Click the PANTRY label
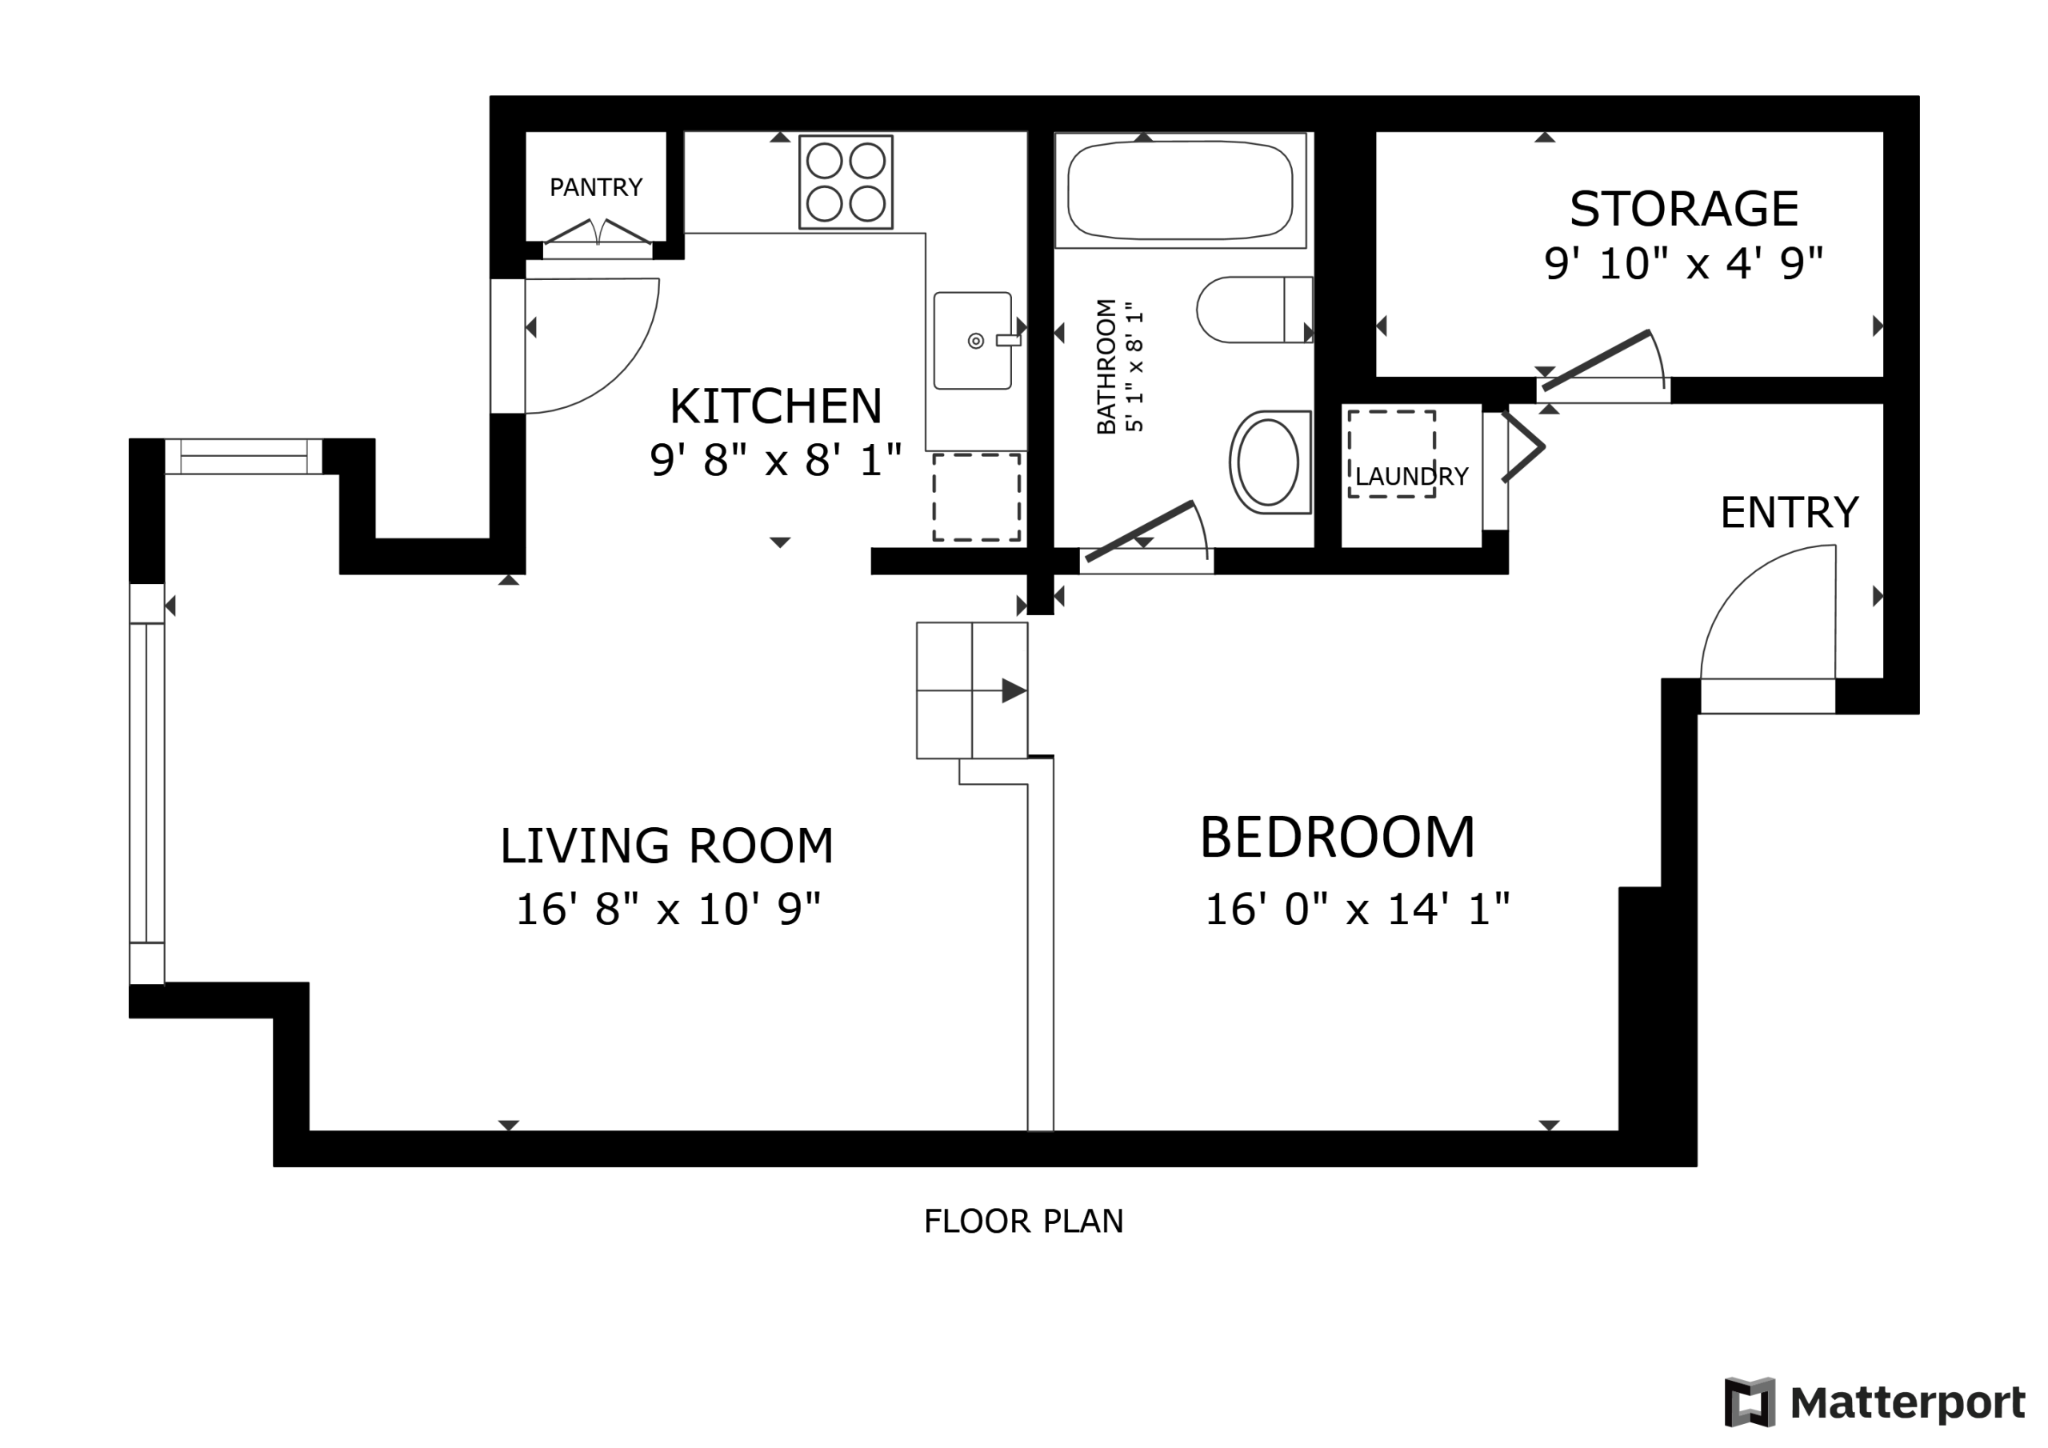point(596,187)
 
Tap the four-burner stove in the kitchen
point(846,182)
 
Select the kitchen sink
point(973,341)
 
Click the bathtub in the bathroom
point(1180,190)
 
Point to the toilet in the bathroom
point(1254,310)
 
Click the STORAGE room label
point(1683,209)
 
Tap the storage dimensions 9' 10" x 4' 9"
point(1683,264)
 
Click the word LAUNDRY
point(1411,477)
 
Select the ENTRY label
point(1790,512)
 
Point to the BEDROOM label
point(1337,838)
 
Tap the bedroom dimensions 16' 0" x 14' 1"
point(1357,909)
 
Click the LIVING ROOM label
point(666,846)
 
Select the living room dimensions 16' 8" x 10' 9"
point(668,909)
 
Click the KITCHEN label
point(776,406)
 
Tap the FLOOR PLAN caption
point(1023,1222)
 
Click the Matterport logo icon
point(1749,1402)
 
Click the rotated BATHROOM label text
point(1106,366)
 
